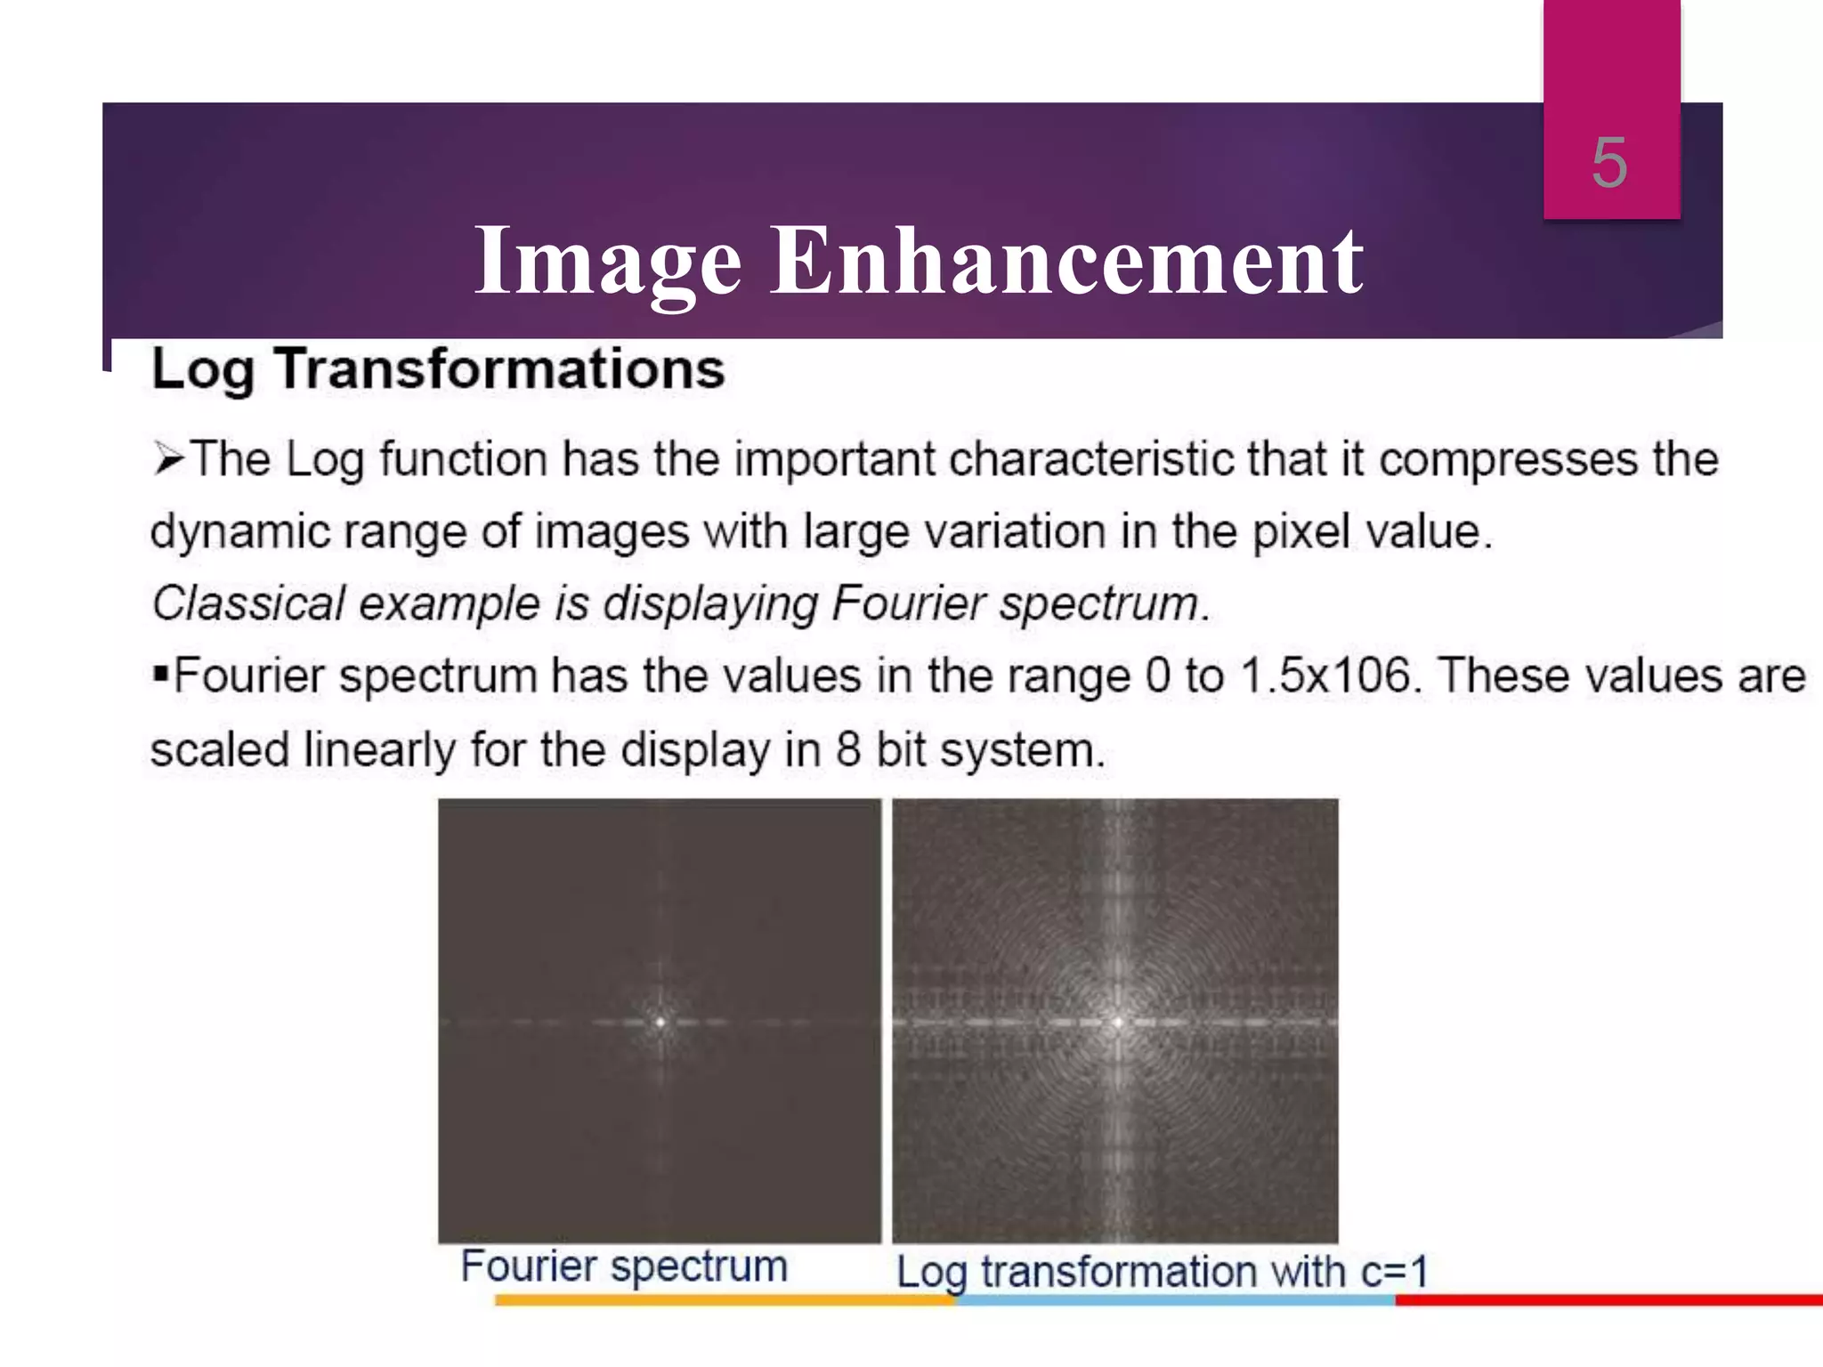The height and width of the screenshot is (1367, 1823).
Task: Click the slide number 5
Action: [1609, 164]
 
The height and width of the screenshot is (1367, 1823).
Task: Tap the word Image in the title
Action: [607, 262]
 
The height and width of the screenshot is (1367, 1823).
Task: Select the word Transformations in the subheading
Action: [499, 368]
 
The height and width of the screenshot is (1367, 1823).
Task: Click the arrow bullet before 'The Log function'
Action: [168, 460]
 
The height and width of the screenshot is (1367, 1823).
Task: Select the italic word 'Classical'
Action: [248, 603]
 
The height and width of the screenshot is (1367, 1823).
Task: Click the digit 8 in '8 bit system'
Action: [848, 749]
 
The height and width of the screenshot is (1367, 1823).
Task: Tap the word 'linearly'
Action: [379, 749]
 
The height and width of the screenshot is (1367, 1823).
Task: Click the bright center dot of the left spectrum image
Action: [660, 1022]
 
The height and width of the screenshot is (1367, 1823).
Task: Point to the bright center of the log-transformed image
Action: [1118, 1023]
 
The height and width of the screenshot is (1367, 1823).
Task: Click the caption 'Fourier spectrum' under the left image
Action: [624, 1266]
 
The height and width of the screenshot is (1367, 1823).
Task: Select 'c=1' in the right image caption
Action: [1394, 1271]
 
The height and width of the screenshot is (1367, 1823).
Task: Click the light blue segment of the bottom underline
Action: [1175, 1300]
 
